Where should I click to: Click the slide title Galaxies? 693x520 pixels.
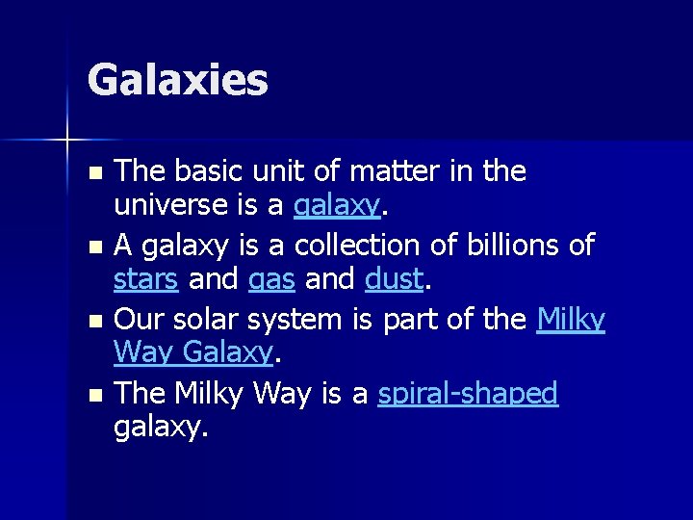click(x=177, y=80)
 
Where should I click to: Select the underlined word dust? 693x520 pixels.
click(x=395, y=279)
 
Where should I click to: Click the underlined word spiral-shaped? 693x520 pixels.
click(x=468, y=394)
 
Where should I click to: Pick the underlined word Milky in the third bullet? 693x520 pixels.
click(x=571, y=319)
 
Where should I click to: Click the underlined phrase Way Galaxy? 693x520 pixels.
click(x=193, y=354)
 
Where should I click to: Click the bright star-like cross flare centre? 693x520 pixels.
click(x=67, y=141)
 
